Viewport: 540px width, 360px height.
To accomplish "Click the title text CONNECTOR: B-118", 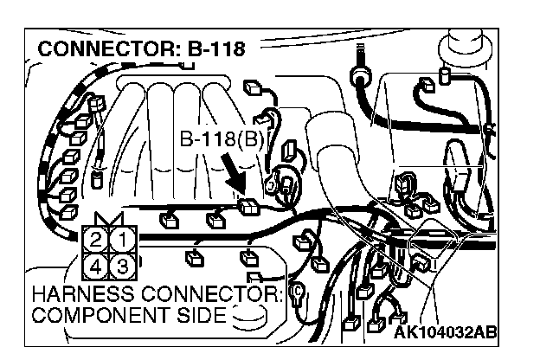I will point(142,48).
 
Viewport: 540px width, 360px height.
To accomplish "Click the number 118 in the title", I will point(225,48).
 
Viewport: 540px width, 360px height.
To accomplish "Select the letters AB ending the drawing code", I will point(485,332).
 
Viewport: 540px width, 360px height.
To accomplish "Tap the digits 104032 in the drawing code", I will point(444,332).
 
